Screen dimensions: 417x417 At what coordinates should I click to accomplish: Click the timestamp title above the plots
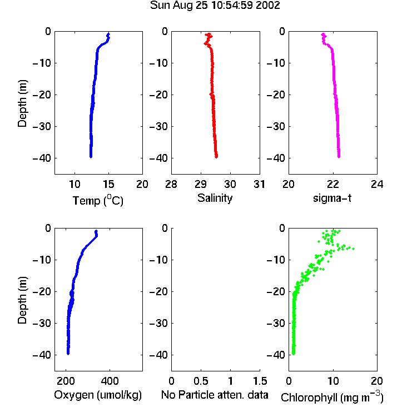point(215,6)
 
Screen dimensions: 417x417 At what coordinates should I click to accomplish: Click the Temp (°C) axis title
point(98,200)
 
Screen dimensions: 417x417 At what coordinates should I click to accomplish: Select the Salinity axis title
point(215,198)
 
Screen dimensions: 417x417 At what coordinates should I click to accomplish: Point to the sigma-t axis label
point(332,198)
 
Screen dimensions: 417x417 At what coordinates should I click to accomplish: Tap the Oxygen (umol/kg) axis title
point(98,395)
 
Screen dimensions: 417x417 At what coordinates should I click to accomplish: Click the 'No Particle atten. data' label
point(215,395)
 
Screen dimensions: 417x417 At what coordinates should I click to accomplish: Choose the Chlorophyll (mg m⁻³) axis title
point(332,397)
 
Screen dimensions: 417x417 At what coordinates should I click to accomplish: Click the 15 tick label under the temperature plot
point(108,184)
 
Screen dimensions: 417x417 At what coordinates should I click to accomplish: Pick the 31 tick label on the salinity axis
point(259,184)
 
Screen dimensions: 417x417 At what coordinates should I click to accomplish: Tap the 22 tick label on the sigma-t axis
point(332,184)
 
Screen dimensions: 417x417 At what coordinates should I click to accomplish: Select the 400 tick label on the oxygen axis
point(110,381)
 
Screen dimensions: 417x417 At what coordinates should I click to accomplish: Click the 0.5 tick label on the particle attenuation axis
point(201,381)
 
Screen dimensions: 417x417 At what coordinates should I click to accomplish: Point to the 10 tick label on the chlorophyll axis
point(332,381)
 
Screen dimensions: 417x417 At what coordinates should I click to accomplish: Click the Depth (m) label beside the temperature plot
point(22,103)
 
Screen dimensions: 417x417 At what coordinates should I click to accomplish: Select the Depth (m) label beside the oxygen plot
point(22,300)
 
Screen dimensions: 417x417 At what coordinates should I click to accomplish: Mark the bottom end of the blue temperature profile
point(91,157)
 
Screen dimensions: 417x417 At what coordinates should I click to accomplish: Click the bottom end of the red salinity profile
point(216,157)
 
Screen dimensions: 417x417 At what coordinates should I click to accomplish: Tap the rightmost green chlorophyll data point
point(354,249)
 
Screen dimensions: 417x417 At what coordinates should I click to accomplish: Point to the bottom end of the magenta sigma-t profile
point(339,157)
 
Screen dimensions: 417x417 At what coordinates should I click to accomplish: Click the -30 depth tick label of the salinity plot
point(158,127)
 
